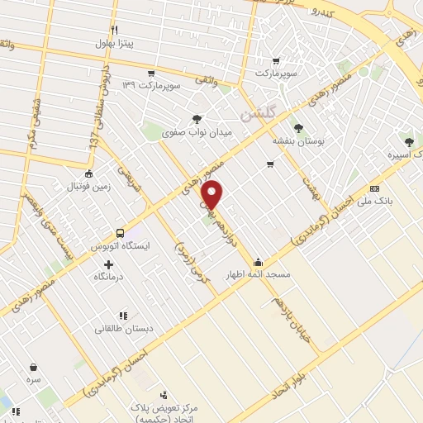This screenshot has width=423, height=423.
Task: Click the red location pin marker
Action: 212,194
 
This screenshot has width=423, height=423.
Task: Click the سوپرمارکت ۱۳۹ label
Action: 150,86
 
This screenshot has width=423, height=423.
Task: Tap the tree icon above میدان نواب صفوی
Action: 197,119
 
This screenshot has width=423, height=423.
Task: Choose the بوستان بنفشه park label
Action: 299,141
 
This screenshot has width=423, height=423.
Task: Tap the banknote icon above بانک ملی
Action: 375,188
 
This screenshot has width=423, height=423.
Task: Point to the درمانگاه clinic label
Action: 108,276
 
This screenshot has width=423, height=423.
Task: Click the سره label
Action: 33,381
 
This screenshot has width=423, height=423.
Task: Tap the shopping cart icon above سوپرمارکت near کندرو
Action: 275,60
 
